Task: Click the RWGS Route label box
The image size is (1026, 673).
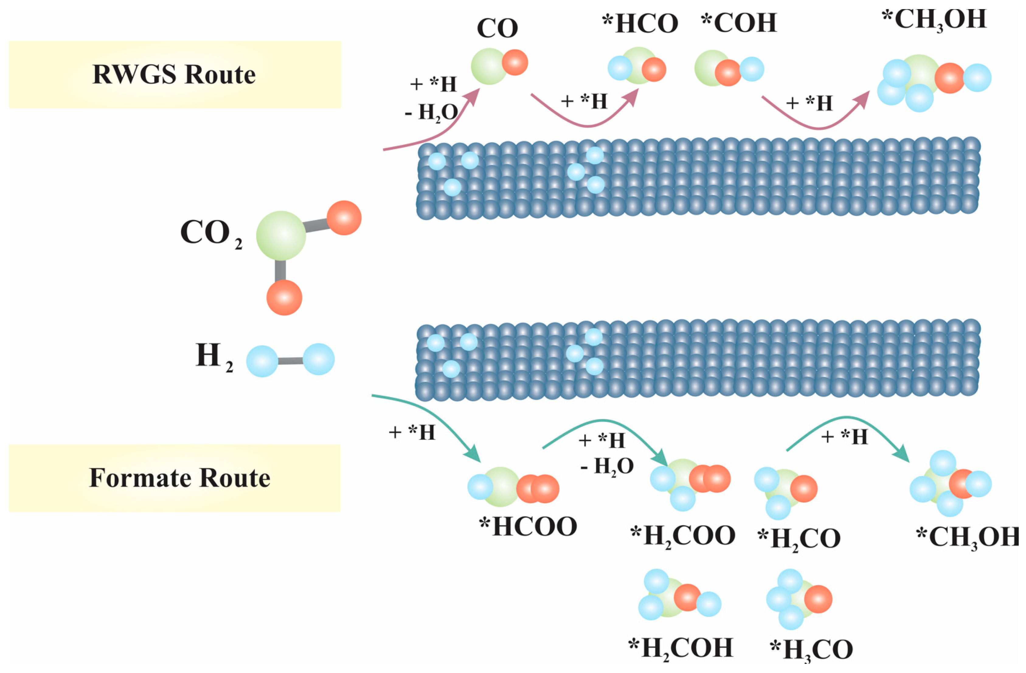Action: point(175,74)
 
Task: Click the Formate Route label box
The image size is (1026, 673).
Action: point(175,478)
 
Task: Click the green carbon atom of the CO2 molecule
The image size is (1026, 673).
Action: point(281,235)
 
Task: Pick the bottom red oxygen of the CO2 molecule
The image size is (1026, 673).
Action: point(284,297)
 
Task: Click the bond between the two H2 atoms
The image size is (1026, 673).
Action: point(290,360)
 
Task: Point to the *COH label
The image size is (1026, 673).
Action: point(739,23)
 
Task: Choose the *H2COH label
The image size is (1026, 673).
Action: point(681,648)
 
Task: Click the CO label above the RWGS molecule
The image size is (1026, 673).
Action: point(497,29)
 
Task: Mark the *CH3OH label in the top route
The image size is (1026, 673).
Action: point(934,20)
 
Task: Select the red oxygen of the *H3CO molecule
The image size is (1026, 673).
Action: point(818,599)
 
